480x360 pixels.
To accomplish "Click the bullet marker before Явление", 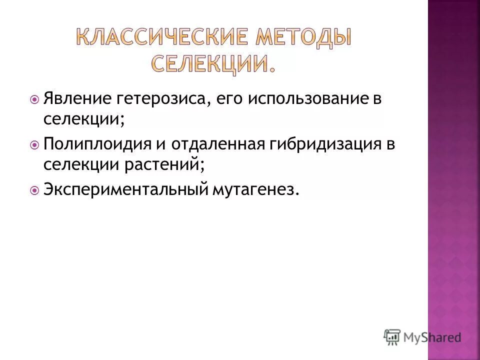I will [34, 99].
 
